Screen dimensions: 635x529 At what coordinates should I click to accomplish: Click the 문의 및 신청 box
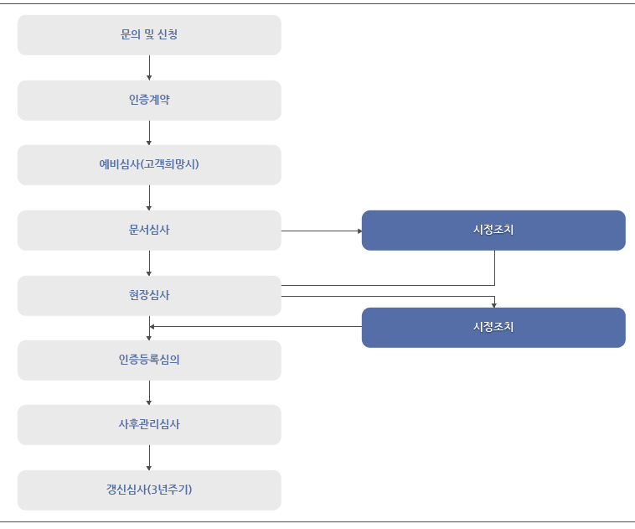click(149, 35)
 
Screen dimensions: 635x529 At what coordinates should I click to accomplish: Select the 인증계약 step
click(149, 100)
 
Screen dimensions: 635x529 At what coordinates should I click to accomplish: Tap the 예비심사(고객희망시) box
click(149, 165)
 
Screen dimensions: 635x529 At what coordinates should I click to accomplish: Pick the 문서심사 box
click(149, 231)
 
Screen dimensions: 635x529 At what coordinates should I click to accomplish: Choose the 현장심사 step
click(149, 295)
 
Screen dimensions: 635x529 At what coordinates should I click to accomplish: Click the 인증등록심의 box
click(149, 360)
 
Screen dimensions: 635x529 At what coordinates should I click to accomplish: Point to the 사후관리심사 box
click(149, 425)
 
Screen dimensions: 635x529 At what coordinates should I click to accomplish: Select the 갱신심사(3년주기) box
click(149, 490)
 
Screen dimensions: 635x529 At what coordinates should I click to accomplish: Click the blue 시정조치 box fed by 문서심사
click(493, 231)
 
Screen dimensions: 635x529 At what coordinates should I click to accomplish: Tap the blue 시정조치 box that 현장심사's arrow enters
click(493, 328)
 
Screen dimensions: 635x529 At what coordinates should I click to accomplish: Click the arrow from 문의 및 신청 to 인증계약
click(149, 68)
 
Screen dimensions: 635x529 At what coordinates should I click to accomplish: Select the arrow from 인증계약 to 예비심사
click(149, 132)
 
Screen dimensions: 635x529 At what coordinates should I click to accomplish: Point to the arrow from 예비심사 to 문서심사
click(149, 198)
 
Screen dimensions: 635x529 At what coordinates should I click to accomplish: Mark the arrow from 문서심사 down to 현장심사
click(149, 263)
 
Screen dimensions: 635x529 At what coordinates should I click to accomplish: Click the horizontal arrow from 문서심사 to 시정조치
click(322, 231)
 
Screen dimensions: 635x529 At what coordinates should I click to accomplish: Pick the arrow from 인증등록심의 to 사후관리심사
click(149, 392)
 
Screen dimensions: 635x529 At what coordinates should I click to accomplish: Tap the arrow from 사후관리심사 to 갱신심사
click(149, 458)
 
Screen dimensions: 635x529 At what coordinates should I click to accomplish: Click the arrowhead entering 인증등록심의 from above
click(149, 338)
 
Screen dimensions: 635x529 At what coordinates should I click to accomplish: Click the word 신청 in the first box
click(168, 34)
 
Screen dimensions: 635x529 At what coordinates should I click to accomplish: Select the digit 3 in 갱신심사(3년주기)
click(154, 490)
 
